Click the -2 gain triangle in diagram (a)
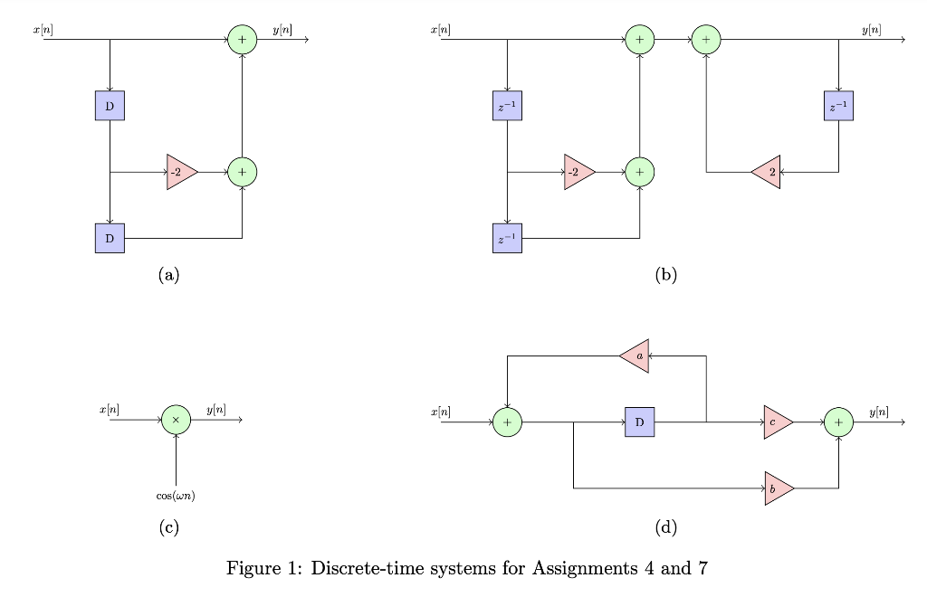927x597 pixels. tap(181, 172)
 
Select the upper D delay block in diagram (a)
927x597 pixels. tap(110, 106)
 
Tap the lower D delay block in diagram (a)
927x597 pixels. tap(110, 238)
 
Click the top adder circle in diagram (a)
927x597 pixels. tap(242, 40)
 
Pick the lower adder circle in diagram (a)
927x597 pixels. tap(242, 172)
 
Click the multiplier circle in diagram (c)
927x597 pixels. tap(176, 420)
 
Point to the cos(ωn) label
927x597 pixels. tap(176, 496)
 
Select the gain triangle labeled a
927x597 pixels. tap(636, 356)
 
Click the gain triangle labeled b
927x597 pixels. tap(778, 488)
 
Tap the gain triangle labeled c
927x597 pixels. tap(777, 422)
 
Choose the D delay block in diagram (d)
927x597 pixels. tap(639, 422)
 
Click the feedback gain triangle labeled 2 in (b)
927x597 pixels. tap(767, 172)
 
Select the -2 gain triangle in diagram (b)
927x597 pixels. tap(578, 172)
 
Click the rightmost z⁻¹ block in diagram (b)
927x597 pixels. tap(838, 106)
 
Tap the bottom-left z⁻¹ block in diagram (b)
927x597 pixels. tap(507, 238)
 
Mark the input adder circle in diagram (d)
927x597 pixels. tap(507, 422)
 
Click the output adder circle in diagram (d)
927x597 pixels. tap(838, 422)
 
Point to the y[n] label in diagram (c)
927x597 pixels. tap(216, 410)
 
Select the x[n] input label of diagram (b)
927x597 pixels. tap(440, 30)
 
